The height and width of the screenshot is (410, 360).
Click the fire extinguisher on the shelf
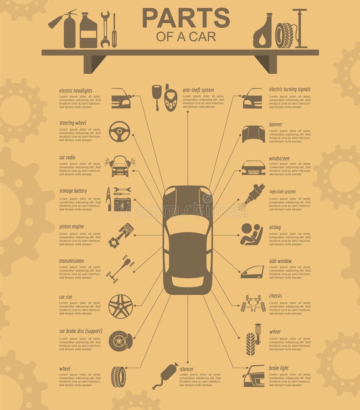point(68,30)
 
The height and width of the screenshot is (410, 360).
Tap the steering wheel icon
point(119,131)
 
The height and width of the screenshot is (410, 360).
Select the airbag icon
point(252,234)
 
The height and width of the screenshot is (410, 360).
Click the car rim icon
point(121,306)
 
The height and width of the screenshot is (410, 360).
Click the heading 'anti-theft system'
point(198,90)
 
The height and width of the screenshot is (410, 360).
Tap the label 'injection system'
point(282,192)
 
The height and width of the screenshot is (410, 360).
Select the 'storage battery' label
point(73,191)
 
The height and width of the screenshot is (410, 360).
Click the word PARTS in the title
point(186,18)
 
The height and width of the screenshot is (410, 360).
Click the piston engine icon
point(121,235)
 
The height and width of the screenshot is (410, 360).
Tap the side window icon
point(252,272)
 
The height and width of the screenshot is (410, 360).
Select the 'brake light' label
point(278,368)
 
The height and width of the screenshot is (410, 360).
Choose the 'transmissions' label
point(72,261)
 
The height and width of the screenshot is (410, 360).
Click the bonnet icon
point(253,134)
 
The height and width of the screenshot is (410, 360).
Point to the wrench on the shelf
point(105,29)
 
